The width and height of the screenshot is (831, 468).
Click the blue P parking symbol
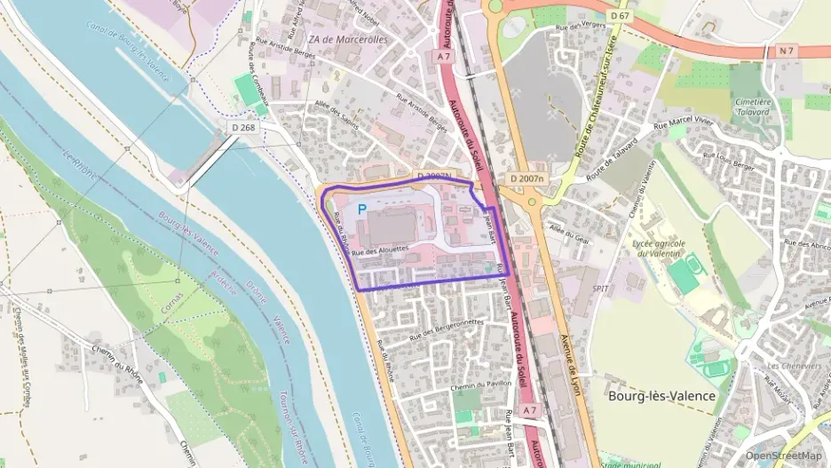361,210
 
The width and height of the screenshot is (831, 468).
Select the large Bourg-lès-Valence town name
661,396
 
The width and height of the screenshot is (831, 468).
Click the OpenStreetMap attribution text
783,456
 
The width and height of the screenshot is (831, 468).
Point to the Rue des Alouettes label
380,251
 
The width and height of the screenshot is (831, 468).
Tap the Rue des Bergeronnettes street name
447,329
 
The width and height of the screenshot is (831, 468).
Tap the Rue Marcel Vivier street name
685,123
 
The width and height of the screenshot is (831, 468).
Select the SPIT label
600,289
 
